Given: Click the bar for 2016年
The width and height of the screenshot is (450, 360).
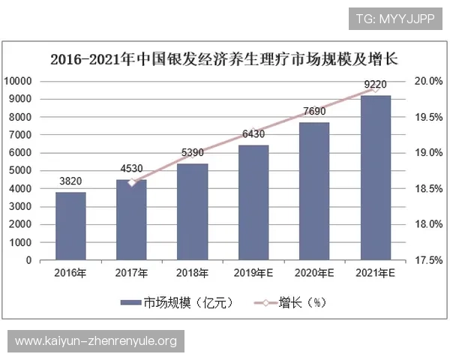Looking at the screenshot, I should click(x=70, y=226).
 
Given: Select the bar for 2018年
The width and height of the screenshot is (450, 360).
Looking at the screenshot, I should click(x=193, y=211).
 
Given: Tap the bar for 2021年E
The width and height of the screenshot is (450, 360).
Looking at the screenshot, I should click(x=376, y=178).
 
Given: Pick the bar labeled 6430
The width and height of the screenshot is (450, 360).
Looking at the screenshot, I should click(x=253, y=202).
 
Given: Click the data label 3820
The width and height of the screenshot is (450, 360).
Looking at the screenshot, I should click(x=70, y=181).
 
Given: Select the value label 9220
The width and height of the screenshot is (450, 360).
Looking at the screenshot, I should click(x=375, y=85).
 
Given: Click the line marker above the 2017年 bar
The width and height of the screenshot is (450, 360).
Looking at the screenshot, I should click(x=132, y=182).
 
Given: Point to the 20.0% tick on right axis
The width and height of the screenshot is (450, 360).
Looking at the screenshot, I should click(x=429, y=81).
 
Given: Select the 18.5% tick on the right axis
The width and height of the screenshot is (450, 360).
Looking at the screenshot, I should click(x=429, y=189).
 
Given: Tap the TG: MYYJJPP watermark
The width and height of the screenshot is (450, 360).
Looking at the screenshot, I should click(x=394, y=17).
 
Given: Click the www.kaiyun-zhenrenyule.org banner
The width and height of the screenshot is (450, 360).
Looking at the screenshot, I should click(x=96, y=342).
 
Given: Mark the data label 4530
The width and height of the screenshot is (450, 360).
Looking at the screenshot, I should click(x=132, y=169).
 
